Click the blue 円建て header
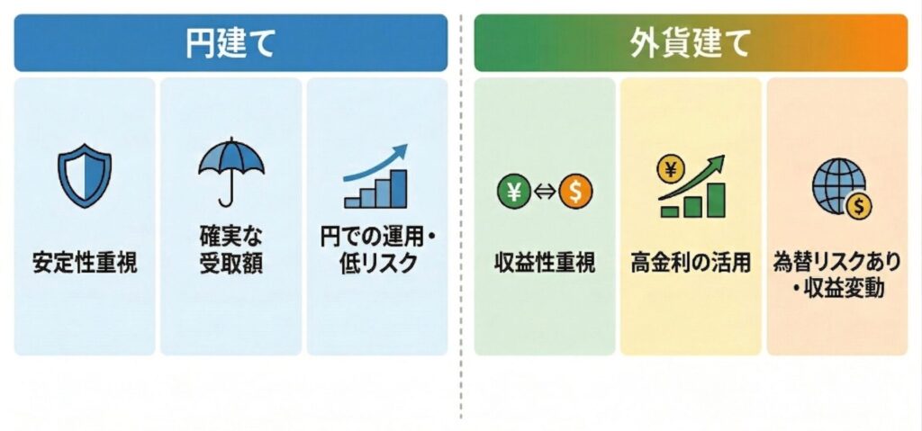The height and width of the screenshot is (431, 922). (230, 42)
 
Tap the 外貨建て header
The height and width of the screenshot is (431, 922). (691, 42)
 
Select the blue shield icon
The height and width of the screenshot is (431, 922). (85, 177)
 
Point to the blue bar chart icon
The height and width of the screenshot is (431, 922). (375, 189)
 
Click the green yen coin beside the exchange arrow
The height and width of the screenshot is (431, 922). (514, 191)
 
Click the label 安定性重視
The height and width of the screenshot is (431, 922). (85, 265)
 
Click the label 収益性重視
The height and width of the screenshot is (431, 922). (544, 265)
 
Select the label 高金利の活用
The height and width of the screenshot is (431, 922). (691, 265)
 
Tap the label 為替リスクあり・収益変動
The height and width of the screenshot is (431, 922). (836, 274)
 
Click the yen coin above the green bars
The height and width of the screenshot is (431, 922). (672, 168)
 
